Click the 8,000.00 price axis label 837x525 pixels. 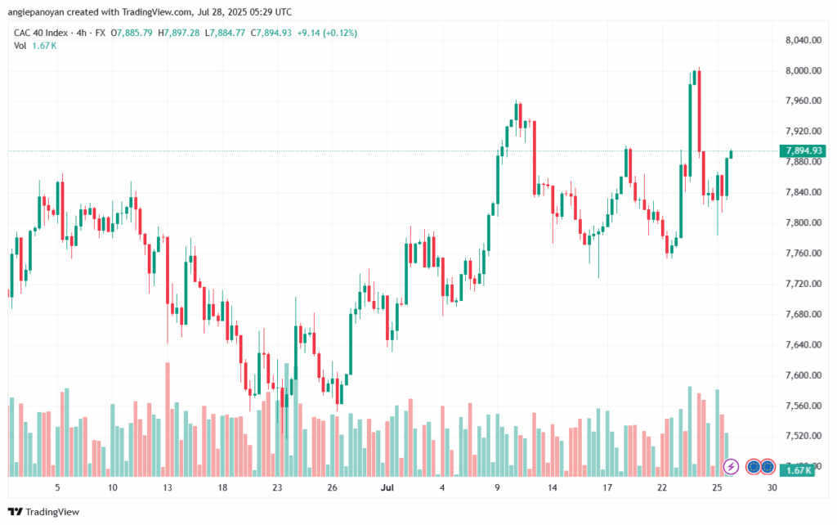[x=803, y=70]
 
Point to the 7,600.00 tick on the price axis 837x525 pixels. [x=803, y=375]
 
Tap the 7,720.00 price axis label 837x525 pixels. [x=803, y=284]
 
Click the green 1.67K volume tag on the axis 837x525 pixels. [x=797, y=470]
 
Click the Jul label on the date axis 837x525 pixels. [x=387, y=487]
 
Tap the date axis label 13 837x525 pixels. [x=168, y=487]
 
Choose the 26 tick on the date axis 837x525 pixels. [x=332, y=487]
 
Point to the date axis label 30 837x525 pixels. [x=772, y=487]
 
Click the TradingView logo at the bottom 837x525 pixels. [x=44, y=512]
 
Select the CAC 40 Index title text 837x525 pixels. [x=41, y=33]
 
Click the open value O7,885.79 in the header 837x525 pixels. [x=132, y=33]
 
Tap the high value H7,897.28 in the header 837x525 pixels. [x=179, y=33]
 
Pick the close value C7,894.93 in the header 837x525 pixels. [x=271, y=33]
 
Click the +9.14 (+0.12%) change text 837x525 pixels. [x=327, y=33]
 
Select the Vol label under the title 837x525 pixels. [x=20, y=46]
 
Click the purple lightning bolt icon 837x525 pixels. [x=731, y=467]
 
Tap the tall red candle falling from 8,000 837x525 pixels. [x=699, y=112]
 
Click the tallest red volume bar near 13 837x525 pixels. [x=168, y=420]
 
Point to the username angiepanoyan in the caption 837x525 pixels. [x=36, y=11]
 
